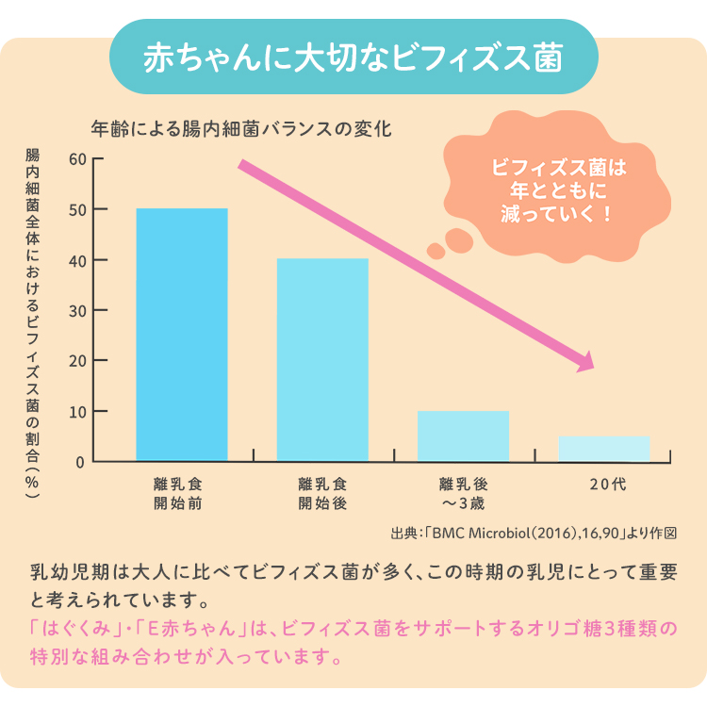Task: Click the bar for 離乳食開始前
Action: coord(182,335)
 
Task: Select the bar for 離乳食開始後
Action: coord(322,360)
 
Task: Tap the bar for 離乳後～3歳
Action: coord(463,436)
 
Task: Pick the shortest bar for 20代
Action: coord(603,449)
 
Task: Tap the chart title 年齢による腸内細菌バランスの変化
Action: coord(240,127)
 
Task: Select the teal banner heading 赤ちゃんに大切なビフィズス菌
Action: coord(353,58)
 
